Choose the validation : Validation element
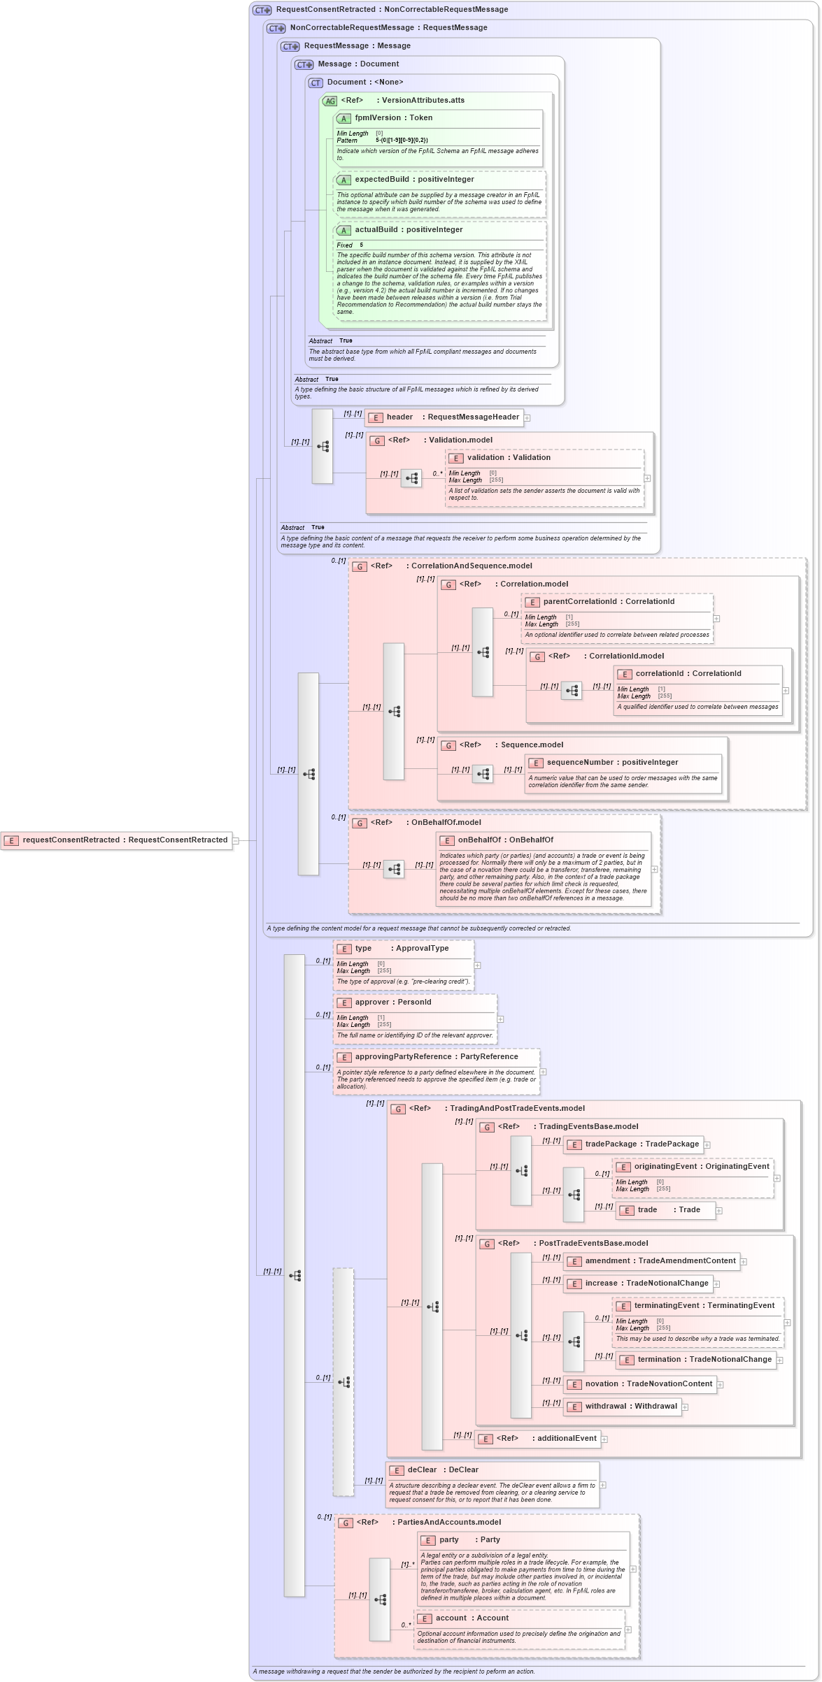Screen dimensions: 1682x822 tap(509, 458)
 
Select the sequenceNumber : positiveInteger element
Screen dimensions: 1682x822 tap(612, 763)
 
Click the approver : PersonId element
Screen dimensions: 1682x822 tap(393, 1002)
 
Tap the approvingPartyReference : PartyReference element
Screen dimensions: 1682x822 tap(437, 1057)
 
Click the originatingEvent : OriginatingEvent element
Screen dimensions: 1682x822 tap(693, 1167)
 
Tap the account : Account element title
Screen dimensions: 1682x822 tap(472, 1618)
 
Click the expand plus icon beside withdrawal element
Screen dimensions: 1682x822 tap(685, 1407)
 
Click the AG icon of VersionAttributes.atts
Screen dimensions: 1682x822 tap(329, 101)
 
